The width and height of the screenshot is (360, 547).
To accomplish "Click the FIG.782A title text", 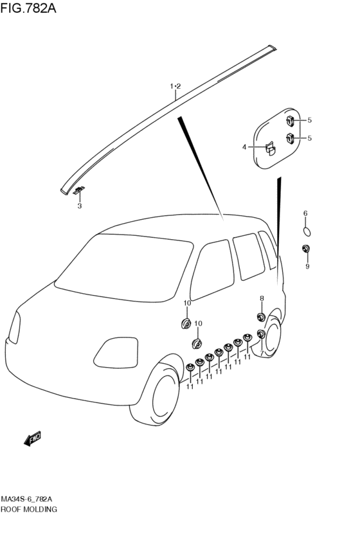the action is coord(28,8).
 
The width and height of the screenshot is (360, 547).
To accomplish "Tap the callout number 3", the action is coord(80,206).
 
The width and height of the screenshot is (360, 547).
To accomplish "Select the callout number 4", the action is coord(244,147).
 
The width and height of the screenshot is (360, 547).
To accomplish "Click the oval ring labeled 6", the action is coord(306,231).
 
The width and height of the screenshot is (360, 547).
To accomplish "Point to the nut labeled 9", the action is coord(306,249).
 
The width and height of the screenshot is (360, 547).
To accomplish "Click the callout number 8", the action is coord(262,298).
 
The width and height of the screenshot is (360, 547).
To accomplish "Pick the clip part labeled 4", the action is coord(271,148).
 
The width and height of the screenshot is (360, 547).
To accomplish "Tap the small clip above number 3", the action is coord(79,190).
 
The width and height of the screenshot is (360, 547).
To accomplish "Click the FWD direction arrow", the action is coord(32,438).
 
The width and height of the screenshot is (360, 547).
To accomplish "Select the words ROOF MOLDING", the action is coord(28,509).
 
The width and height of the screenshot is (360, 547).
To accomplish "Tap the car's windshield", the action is coord(124,267).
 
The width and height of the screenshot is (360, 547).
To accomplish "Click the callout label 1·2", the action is coord(175,86).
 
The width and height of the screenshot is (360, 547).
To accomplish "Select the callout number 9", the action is coord(307,267).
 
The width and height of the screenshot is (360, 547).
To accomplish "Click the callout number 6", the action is coord(305,213).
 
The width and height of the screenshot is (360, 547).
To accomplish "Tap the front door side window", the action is coord(212,270).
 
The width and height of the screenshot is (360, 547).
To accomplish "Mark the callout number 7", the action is coord(262,354).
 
